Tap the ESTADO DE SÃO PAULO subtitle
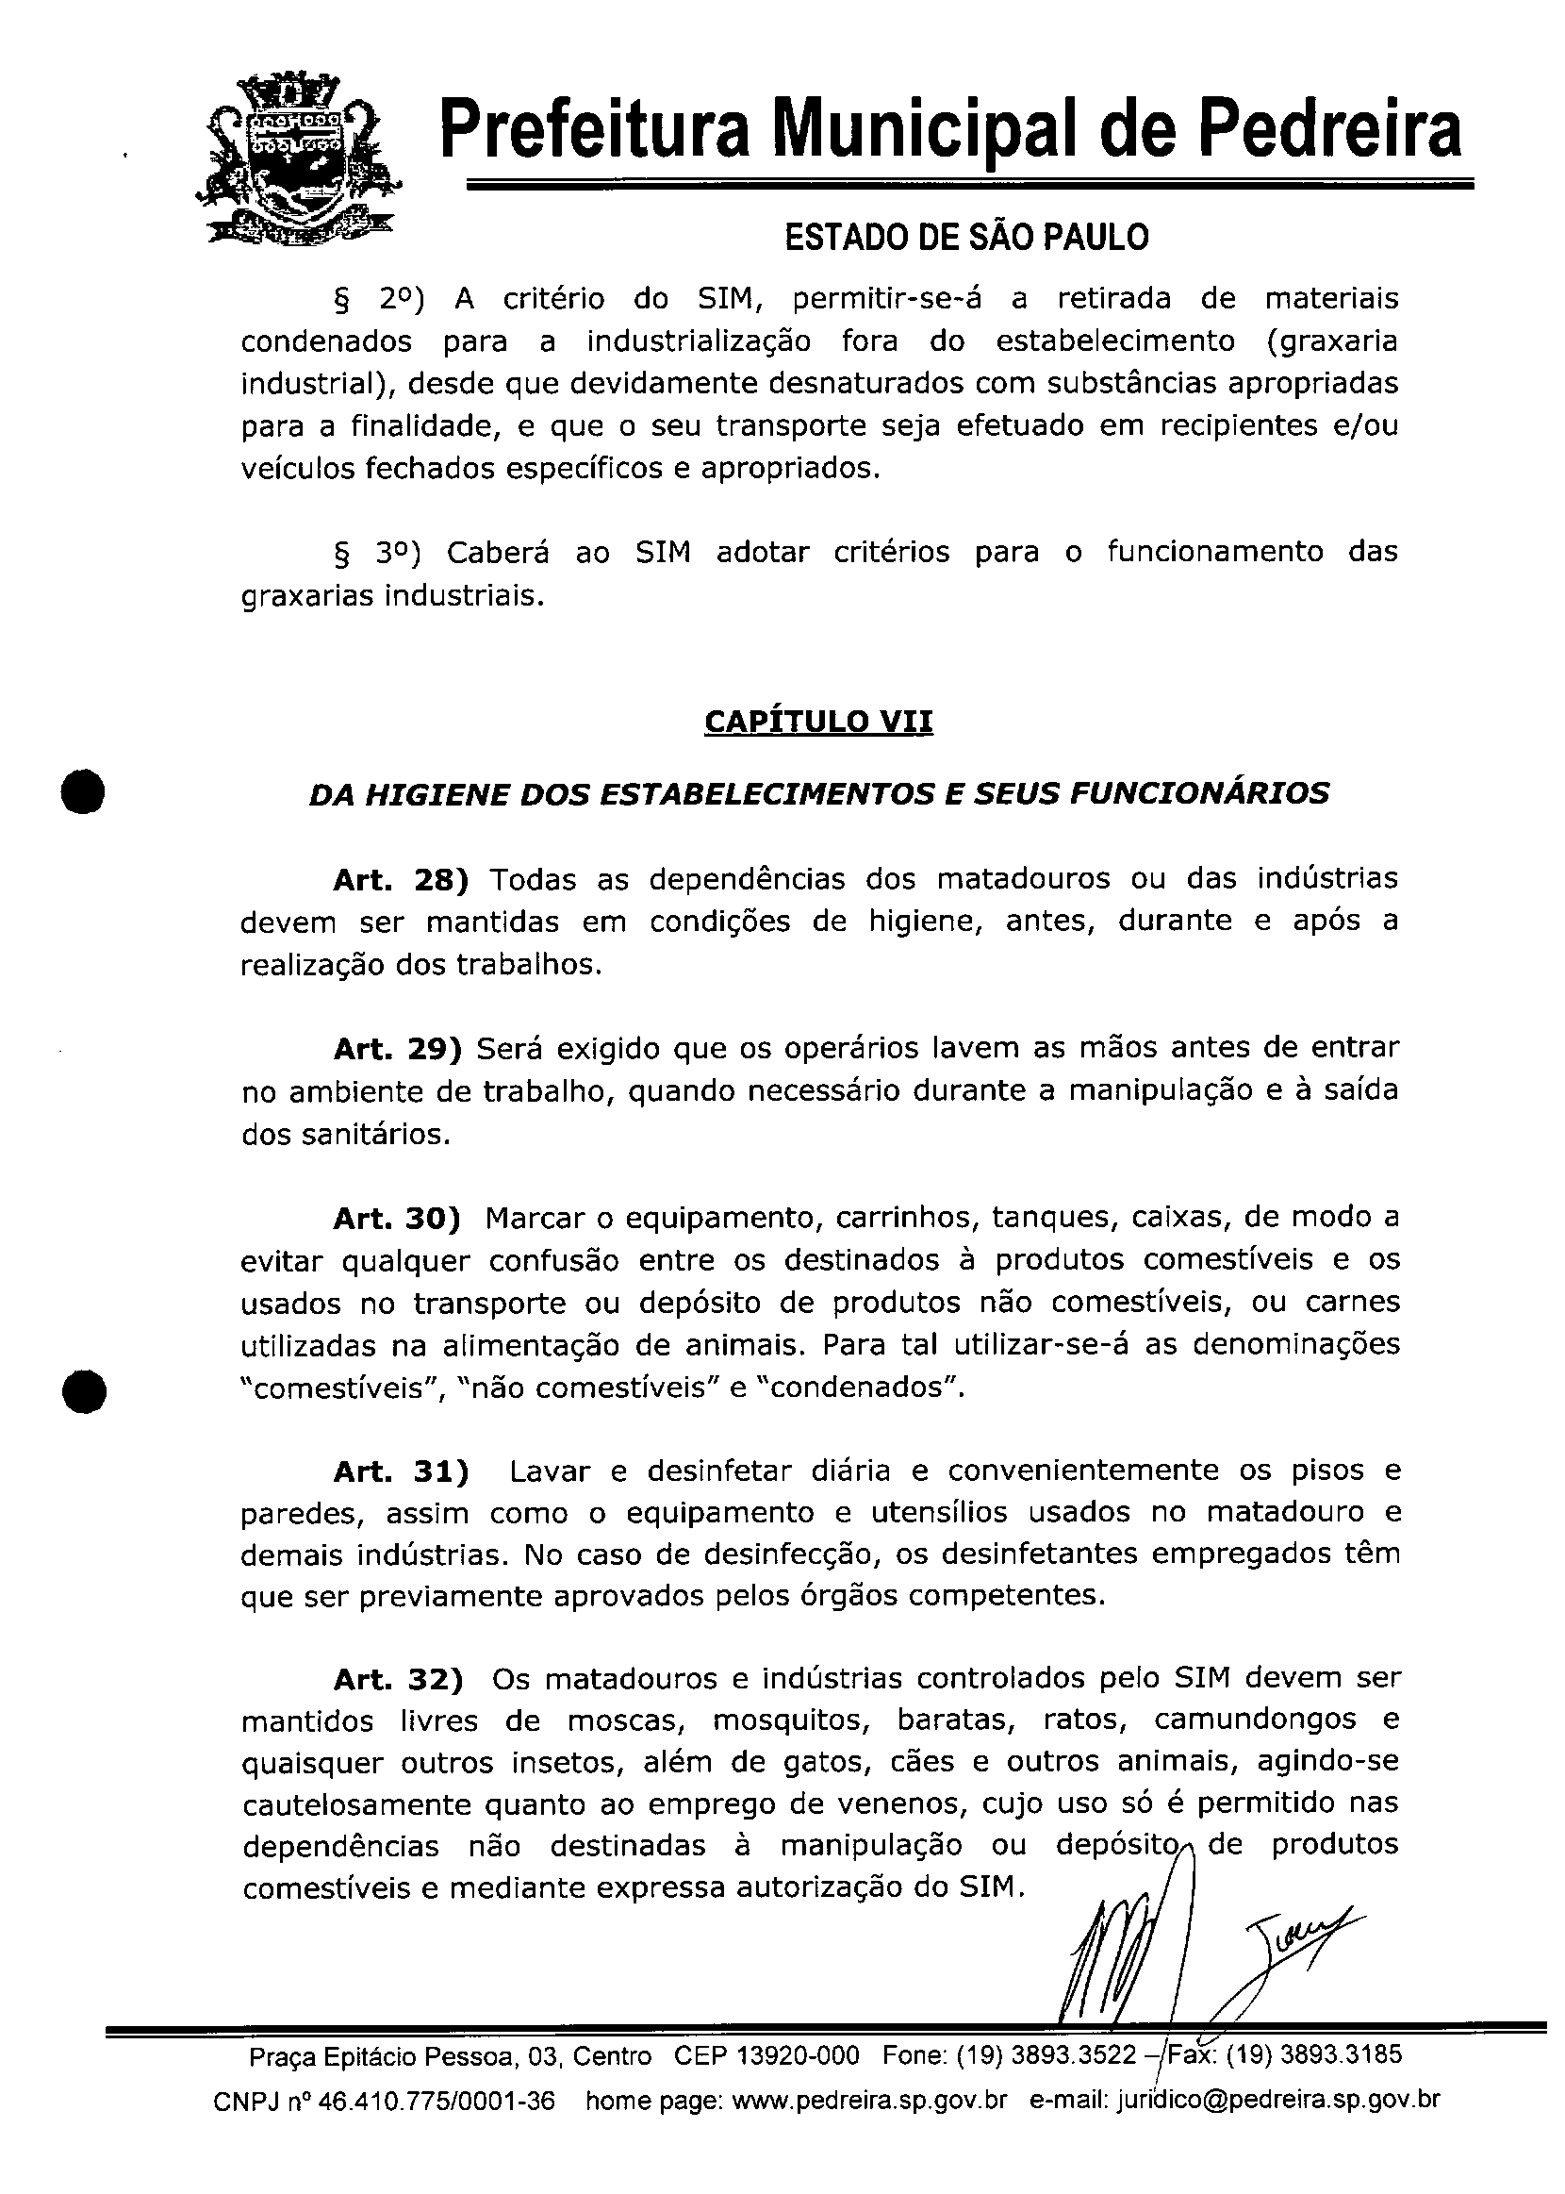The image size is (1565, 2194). pos(966,237)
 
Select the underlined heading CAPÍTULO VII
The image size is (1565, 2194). pos(818,722)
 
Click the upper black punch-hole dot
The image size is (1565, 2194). pos(84,791)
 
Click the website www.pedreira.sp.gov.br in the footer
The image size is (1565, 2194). pos(870,2101)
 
